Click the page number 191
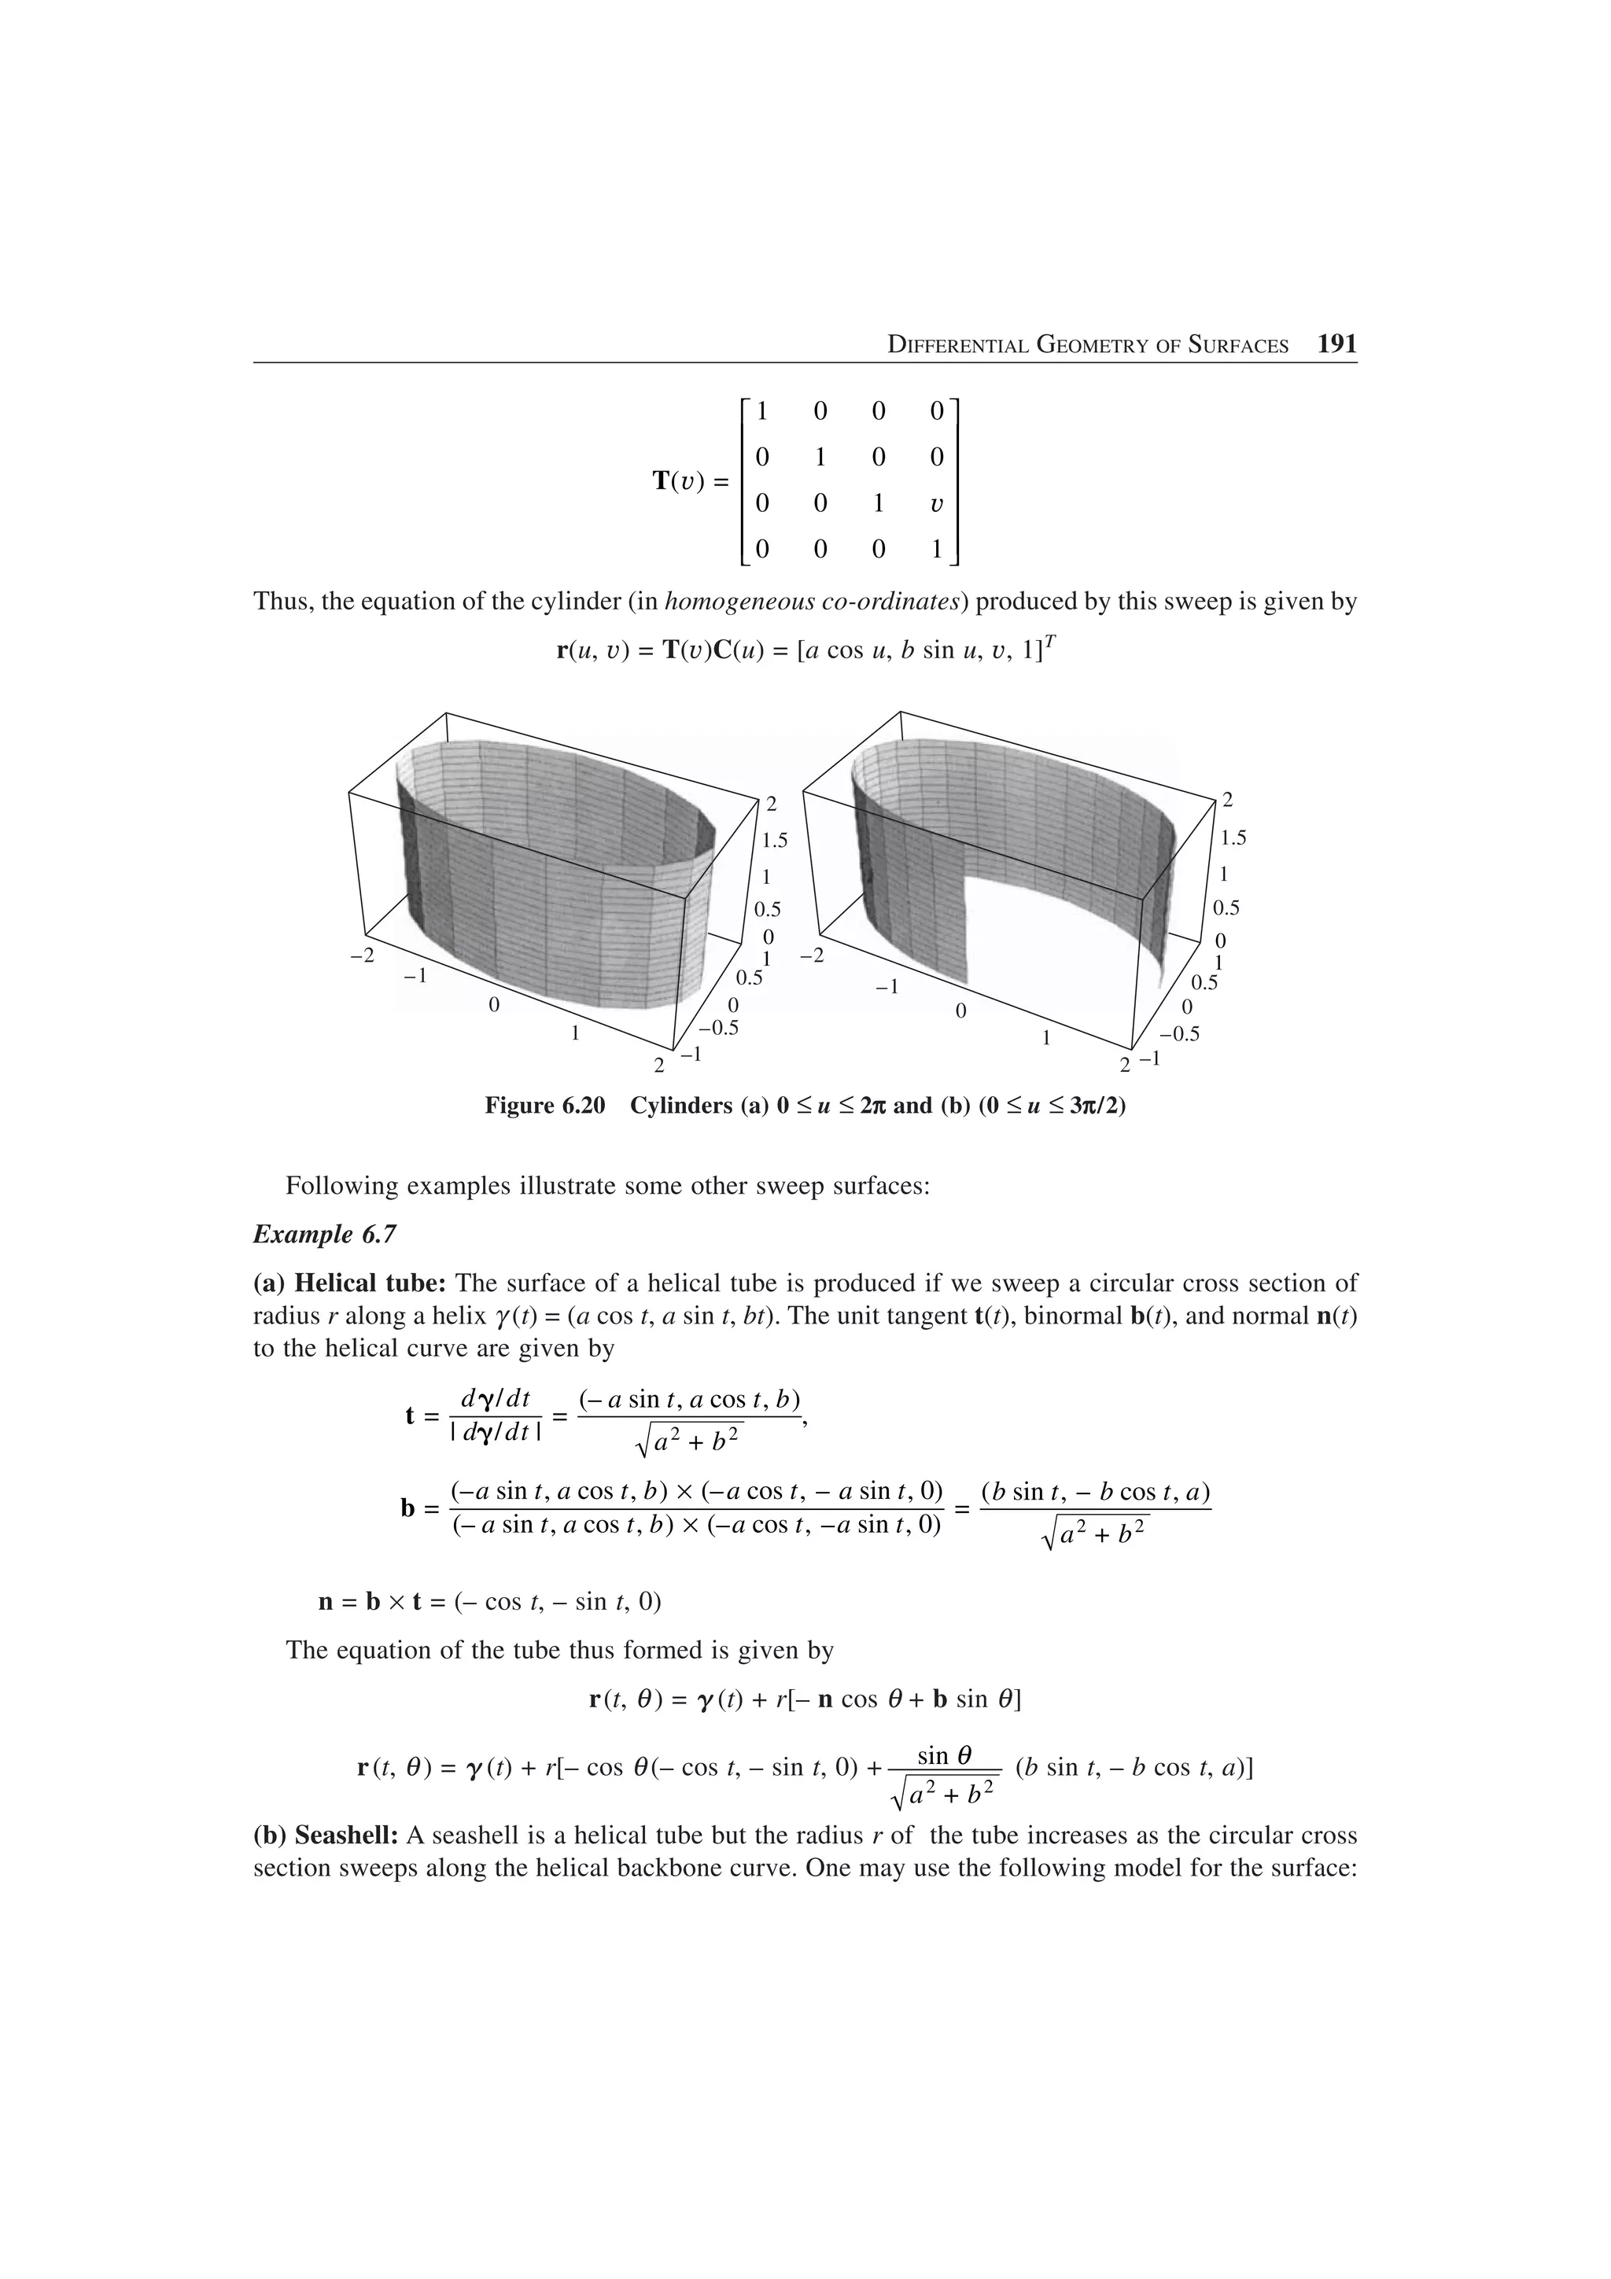pos(1336,344)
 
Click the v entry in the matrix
pos(936,504)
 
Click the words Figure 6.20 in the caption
pos(544,1106)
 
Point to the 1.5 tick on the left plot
pos(774,841)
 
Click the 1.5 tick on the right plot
pos(1233,838)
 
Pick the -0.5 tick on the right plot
pos(1179,1033)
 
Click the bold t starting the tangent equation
pos(410,1416)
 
